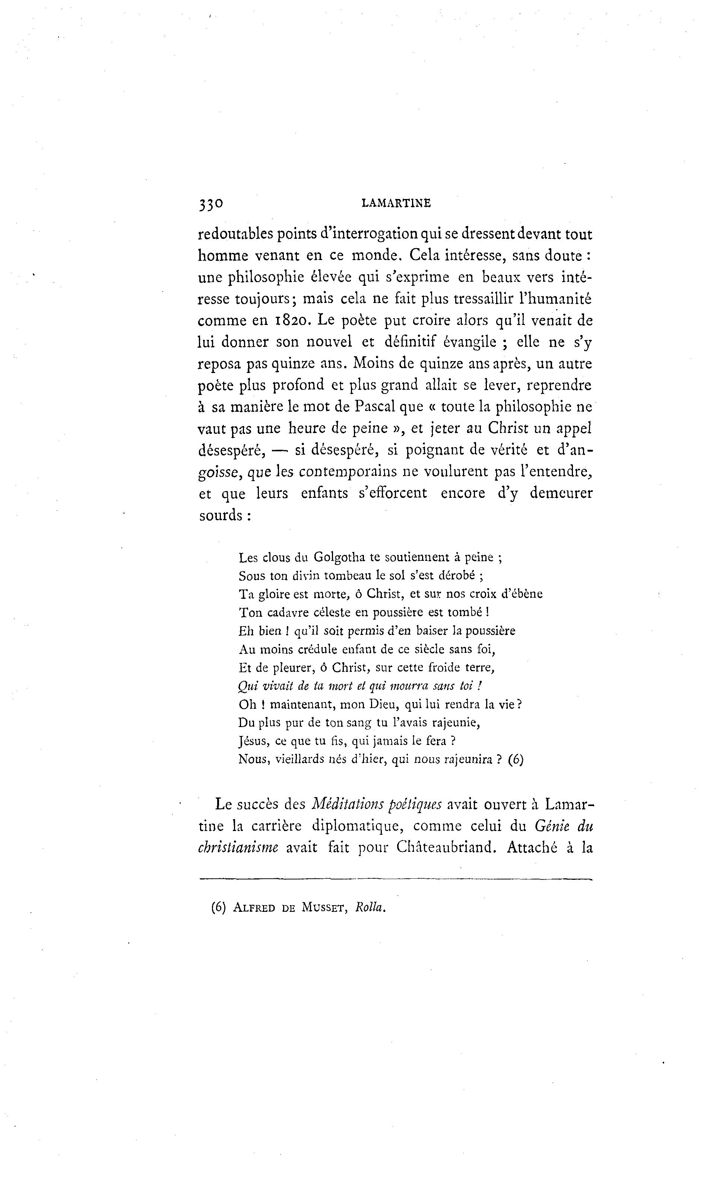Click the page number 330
coord(210,204)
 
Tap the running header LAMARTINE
coord(396,204)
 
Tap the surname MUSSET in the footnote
coord(325,908)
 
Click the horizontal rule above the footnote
coord(395,879)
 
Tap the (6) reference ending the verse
coord(516,759)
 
